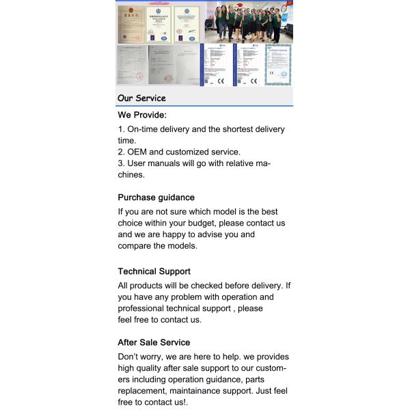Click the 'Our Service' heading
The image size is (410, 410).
141,98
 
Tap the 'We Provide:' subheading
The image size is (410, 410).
142,115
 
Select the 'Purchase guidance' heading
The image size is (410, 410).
156,197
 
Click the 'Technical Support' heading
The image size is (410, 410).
154,271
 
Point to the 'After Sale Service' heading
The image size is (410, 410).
154,342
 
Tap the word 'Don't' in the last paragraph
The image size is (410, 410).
128,357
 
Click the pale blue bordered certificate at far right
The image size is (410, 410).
278,65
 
